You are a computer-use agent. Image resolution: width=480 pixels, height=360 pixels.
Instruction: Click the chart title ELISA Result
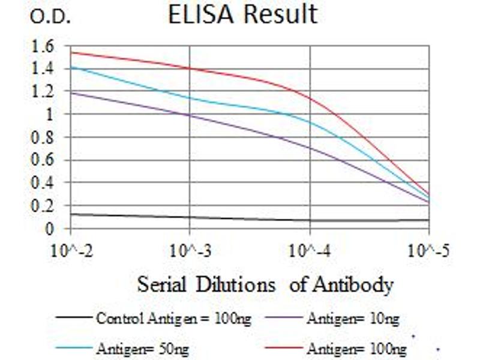pos(242,14)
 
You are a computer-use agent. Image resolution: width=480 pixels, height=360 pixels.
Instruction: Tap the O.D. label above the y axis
pos(50,17)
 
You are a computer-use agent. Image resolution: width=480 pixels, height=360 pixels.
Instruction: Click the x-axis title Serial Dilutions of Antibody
pos(265,284)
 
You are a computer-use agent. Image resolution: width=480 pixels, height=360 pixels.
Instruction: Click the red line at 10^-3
pos(190,68)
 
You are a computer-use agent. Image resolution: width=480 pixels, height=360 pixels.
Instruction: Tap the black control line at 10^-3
pos(190,217)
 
